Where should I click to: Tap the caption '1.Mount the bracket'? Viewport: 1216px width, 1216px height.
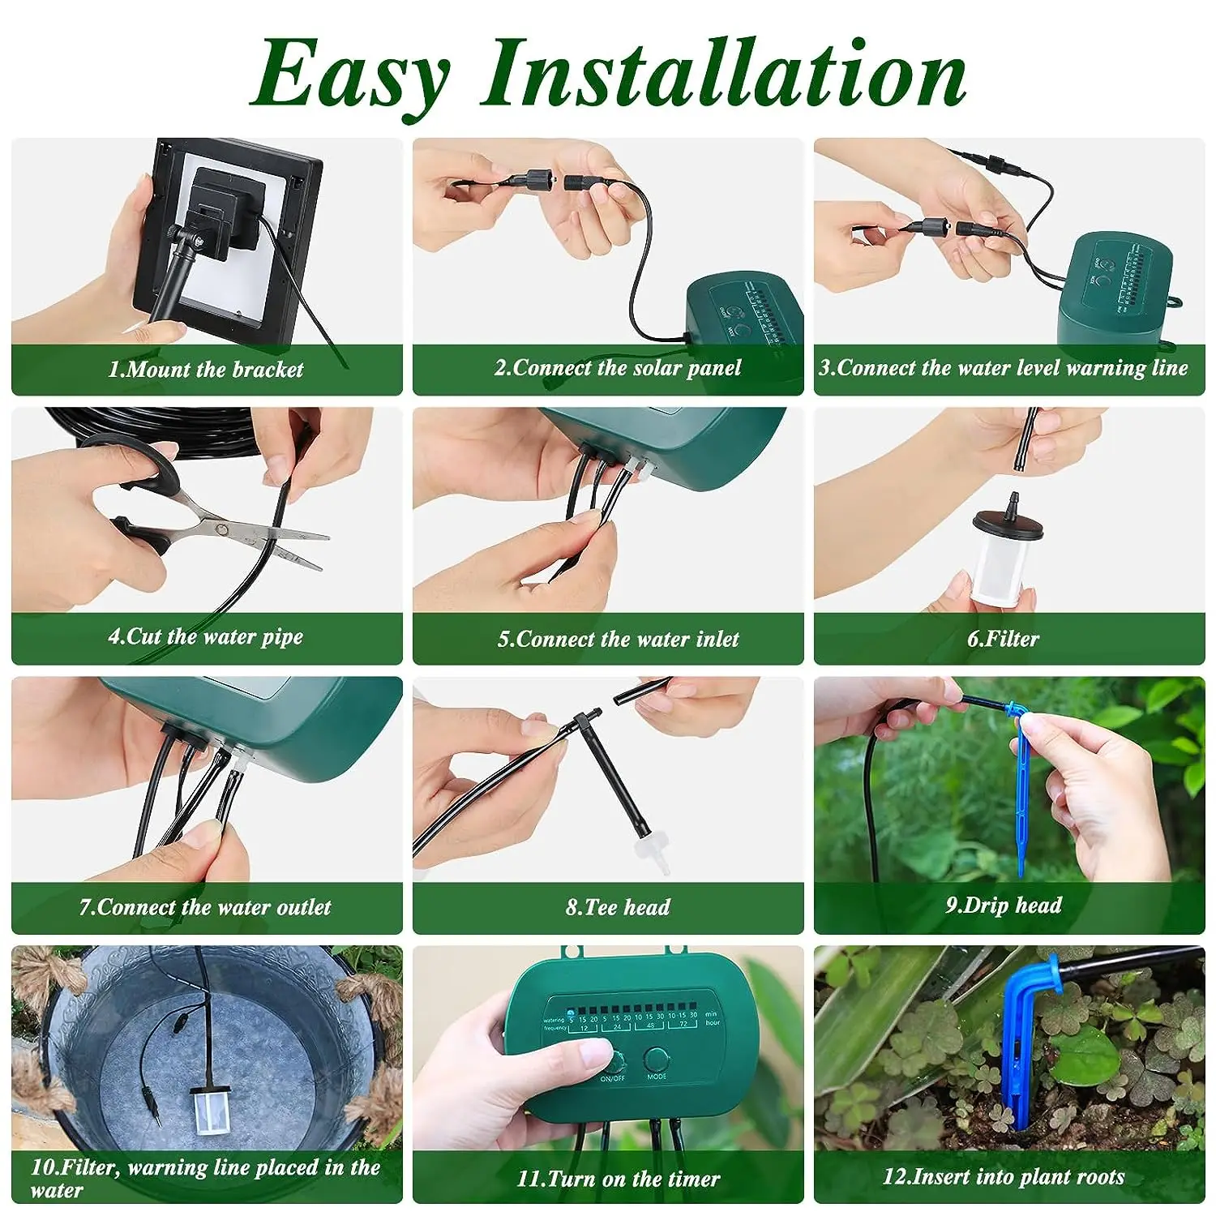[x=206, y=370]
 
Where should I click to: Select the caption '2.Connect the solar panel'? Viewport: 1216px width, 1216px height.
[x=618, y=368]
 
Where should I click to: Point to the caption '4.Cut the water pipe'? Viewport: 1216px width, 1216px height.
[x=206, y=636]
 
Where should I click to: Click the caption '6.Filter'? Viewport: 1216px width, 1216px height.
[x=1003, y=639]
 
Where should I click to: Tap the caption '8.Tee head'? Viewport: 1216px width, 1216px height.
[x=618, y=907]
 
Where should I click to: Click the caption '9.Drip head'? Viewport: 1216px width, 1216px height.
[x=1003, y=906]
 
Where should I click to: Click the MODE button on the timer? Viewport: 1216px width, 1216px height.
[x=656, y=1060]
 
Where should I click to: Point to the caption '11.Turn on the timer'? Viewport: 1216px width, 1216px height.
[x=618, y=1179]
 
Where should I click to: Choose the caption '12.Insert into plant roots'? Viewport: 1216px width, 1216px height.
[x=1003, y=1176]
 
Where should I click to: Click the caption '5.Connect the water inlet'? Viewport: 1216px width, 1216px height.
[x=618, y=639]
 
